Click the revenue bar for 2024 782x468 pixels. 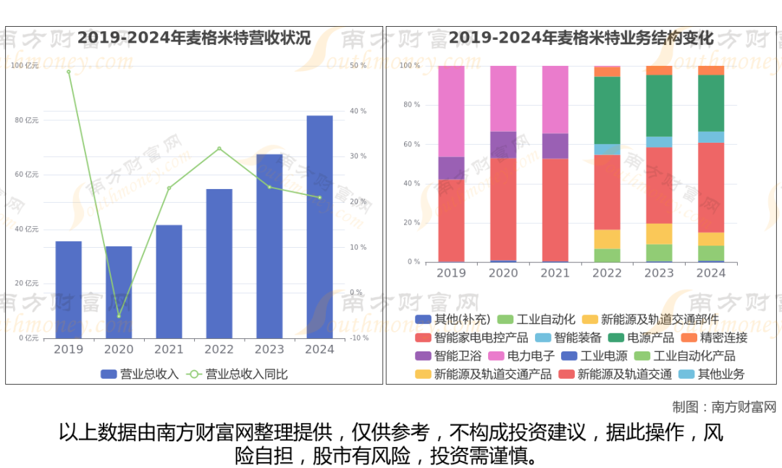pyautogui.click(x=319, y=226)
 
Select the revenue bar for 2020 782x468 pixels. pyautogui.click(x=119, y=292)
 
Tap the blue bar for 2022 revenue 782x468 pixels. pyautogui.click(x=219, y=263)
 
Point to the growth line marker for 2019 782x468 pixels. pyautogui.click(x=69, y=72)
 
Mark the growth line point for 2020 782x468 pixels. pyautogui.click(x=119, y=316)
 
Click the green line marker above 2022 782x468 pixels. pyautogui.click(x=219, y=149)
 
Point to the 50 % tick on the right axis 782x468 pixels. pyautogui.click(x=358, y=66)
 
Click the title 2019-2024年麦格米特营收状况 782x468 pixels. pyautogui.click(x=194, y=38)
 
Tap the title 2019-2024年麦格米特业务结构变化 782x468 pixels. pyautogui.click(x=581, y=38)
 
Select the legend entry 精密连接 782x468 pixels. pyautogui.click(x=723, y=338)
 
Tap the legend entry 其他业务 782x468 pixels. pyautogui.click(x=720, y=374)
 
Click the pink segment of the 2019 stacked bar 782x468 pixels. pyautogui.click(x=451, y=111)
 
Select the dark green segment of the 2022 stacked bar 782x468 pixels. pyautogui.click(x=607, y=110)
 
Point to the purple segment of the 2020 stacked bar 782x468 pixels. pyautogui.click(x=503, y=144)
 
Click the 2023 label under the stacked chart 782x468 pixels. pyautogui.click(x=659, y=273)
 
